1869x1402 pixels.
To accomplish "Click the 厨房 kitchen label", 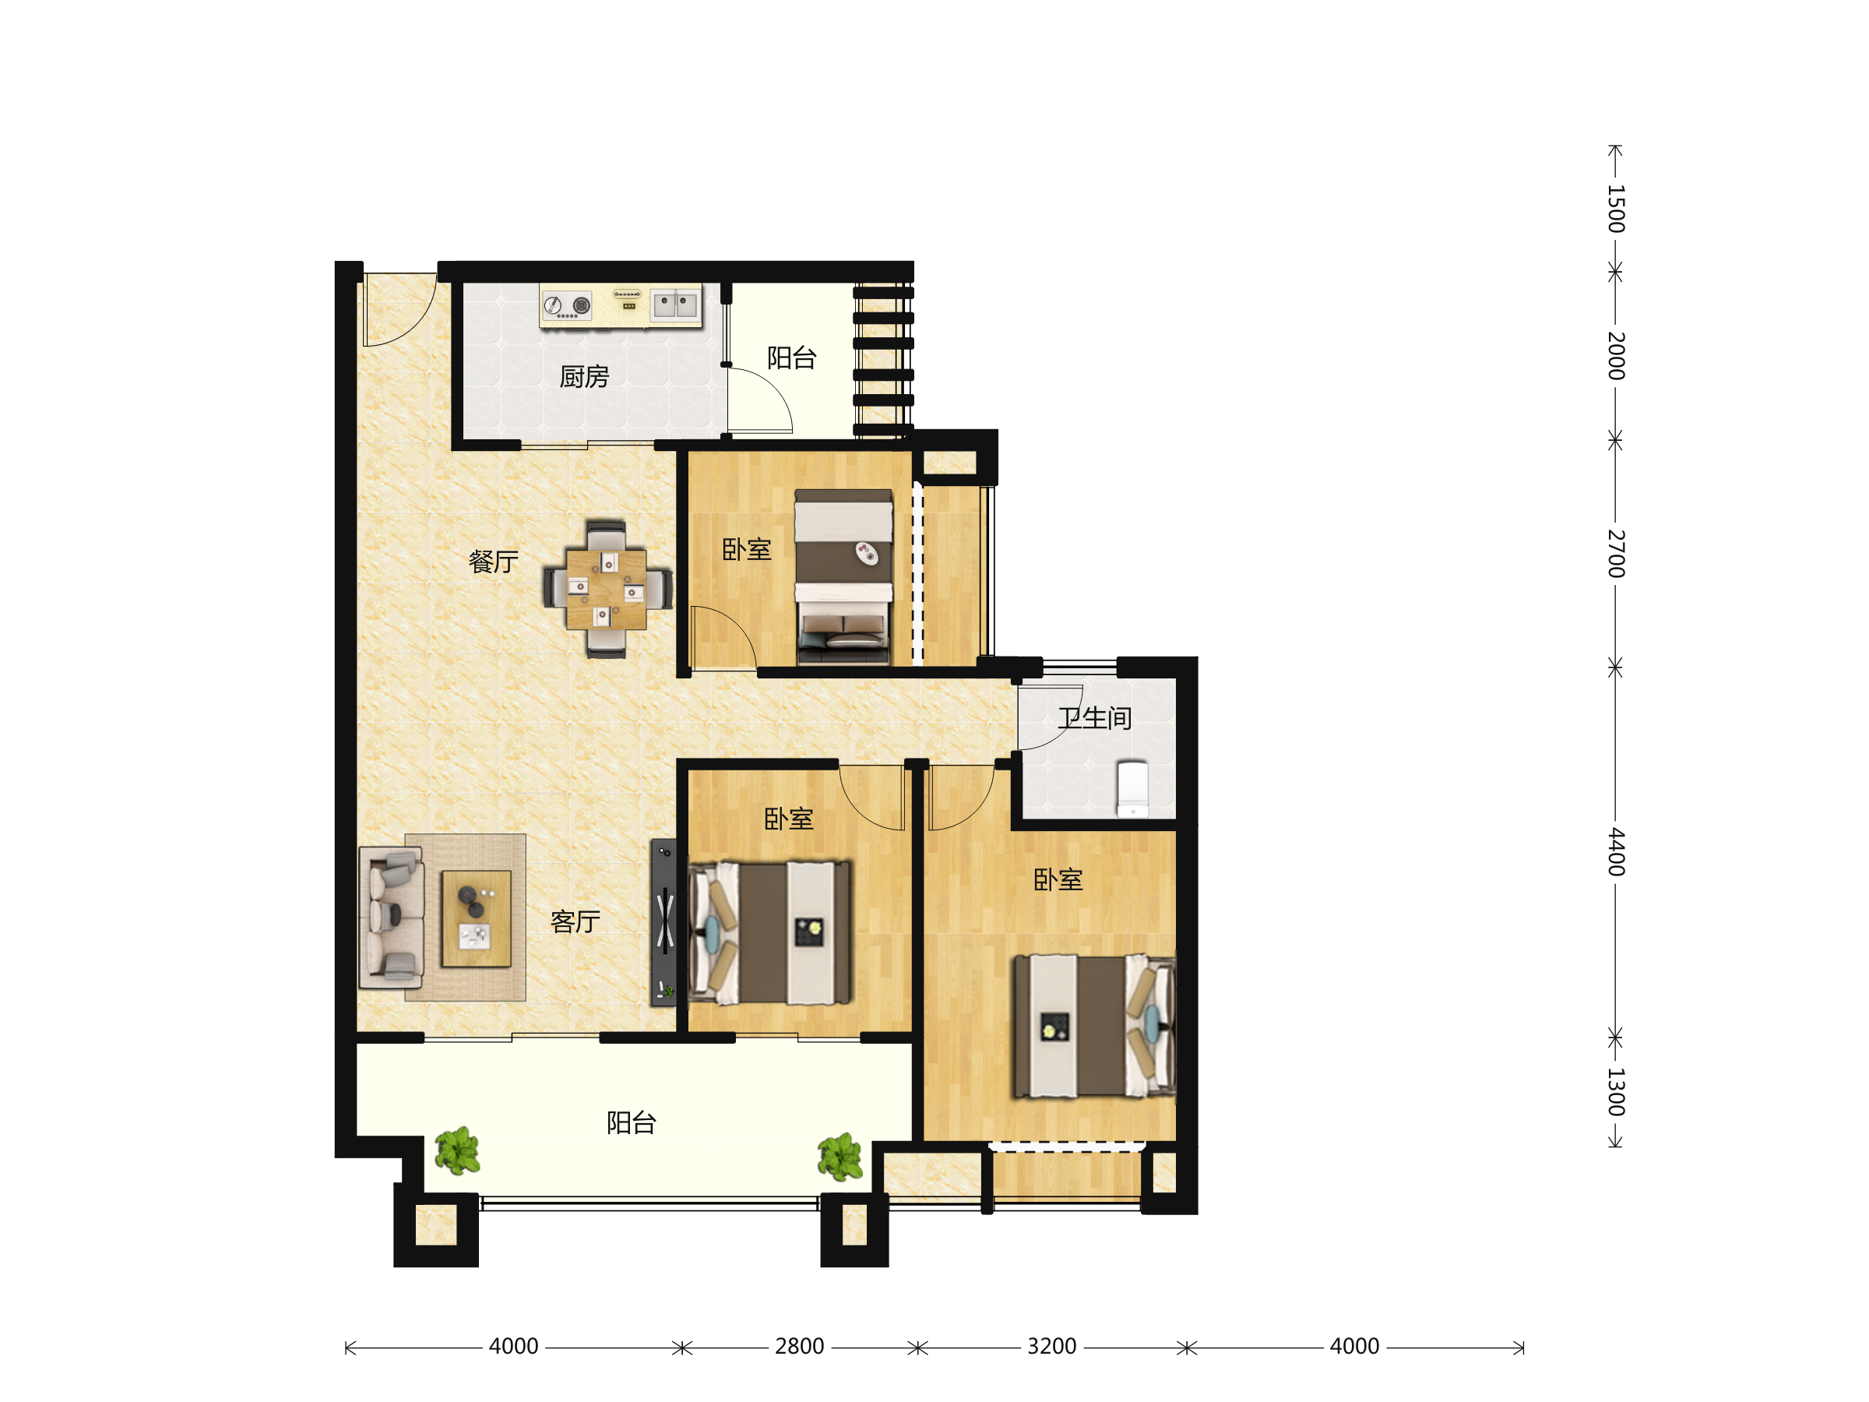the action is [x=584, y=377].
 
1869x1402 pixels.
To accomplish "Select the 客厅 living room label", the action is [x=575, y=921].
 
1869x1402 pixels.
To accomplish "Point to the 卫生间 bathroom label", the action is [x=1095, y=718].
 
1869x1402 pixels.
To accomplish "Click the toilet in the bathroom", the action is [x=1132, y=788].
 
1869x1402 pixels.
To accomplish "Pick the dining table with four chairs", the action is [x=607, y=589].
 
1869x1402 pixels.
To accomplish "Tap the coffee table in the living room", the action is [x=477, y=918].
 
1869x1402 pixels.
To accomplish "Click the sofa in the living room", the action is [x=391, y=918].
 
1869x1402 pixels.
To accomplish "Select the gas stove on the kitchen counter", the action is [x=567, y=305].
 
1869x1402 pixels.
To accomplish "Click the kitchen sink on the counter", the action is [x=675, y=305].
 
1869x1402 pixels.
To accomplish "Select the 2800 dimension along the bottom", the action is [x=799, y=1346].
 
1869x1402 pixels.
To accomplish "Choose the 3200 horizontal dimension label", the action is [x=1052, y=1346].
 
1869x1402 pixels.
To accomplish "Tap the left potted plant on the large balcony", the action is [x=458, y=1150].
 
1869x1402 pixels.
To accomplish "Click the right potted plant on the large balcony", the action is [x=839, y=1156].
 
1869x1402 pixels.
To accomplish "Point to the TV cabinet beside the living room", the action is [x=663, y=922].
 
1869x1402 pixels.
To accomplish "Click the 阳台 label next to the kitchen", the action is [x=792, y=358].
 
